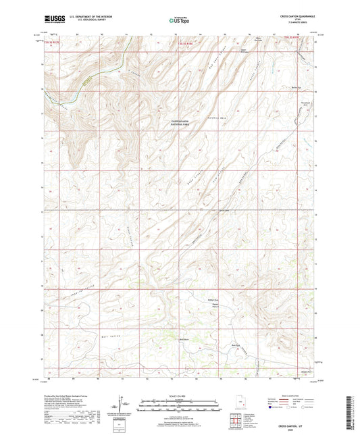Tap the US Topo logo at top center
coord(179,21)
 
